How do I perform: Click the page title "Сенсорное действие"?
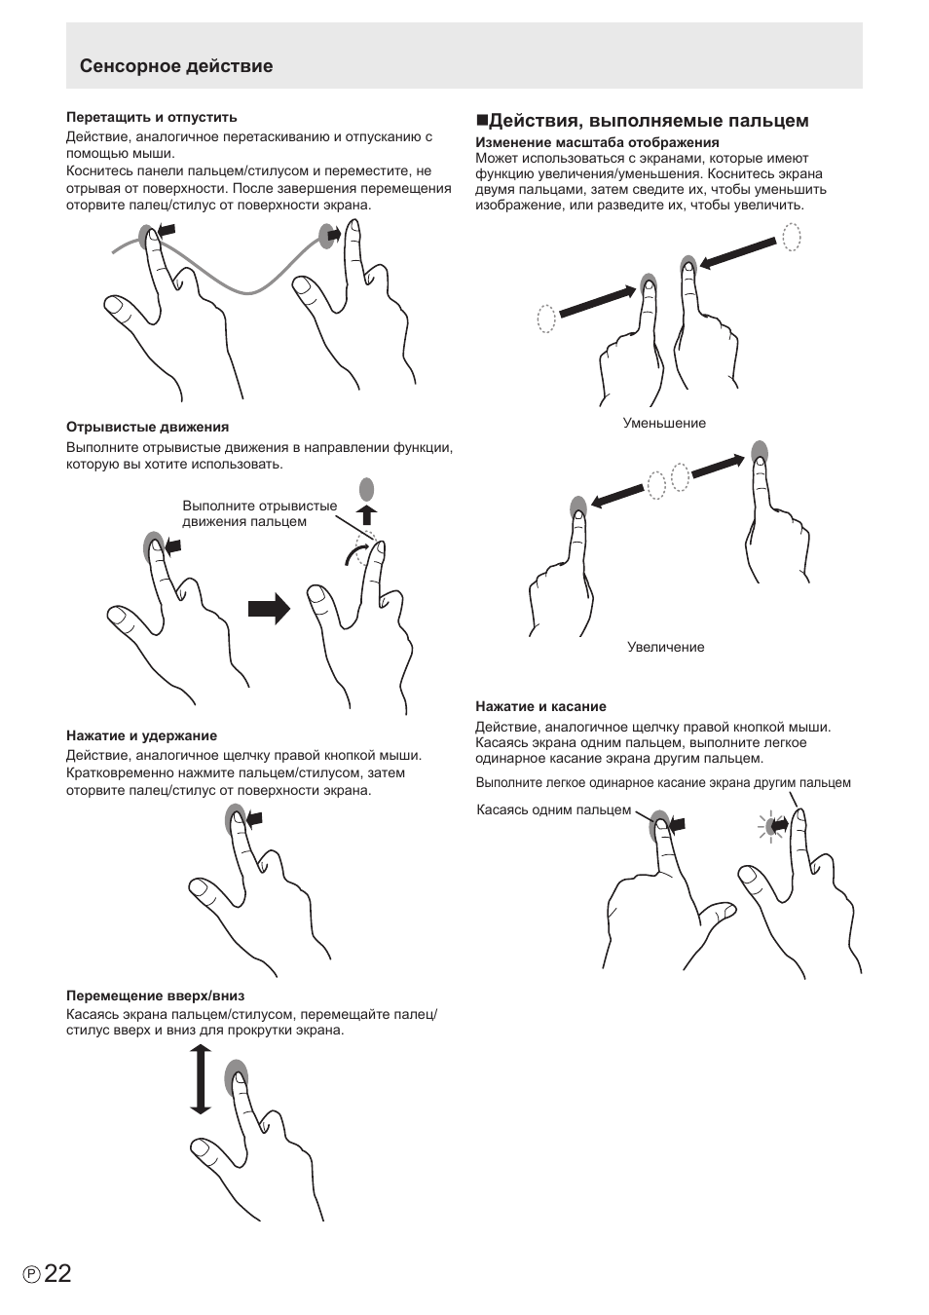tap(176, 66)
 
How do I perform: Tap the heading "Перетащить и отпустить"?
tap(151, 117)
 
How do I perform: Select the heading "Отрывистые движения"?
tap(147, 427)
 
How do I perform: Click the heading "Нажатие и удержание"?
tap(141, 735)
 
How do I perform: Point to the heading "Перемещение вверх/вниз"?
tap(156, 996)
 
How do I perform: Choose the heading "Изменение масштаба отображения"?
tap(597, 142)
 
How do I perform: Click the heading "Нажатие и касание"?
tap(540, 706)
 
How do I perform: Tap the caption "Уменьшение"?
tap(664, 424)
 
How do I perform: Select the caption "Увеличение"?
tap(665, 647)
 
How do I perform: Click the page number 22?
tap(57, 1273)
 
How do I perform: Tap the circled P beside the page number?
tap(32, 1275)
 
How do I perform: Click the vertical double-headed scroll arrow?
tap(201, 1079)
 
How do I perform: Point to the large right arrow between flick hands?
tap(270, 608)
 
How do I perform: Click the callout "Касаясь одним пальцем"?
tap(553, 810)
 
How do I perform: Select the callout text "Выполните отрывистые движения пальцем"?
tap(259, 513)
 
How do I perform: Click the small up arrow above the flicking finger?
tap(368, 514)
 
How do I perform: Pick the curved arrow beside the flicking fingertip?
tap(355, 554)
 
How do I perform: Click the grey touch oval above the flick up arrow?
tap(367, 488)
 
